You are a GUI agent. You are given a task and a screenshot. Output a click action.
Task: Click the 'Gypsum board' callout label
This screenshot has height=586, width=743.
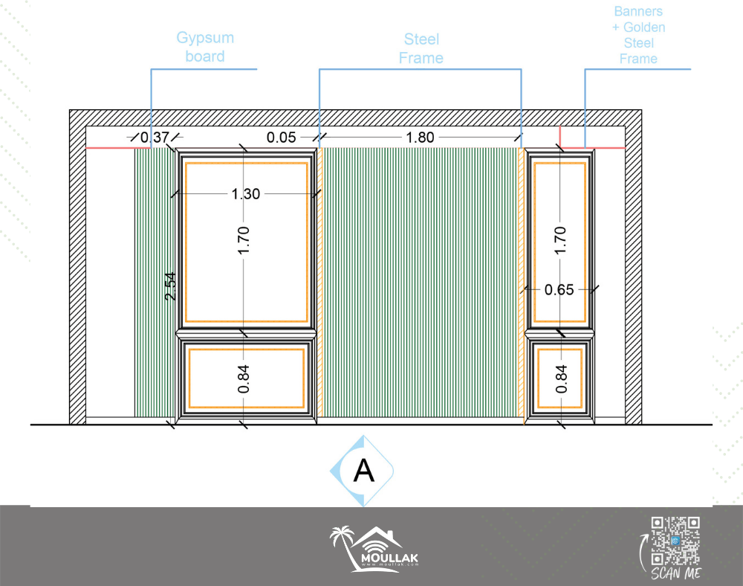pos(205,47)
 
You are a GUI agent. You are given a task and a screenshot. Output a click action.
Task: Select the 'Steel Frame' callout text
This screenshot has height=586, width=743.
pos(421,48)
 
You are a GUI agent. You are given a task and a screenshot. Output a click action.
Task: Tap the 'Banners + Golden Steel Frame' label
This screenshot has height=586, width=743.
pos(638,35)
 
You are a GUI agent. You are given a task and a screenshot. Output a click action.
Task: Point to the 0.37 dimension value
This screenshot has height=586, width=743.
pos(155,137)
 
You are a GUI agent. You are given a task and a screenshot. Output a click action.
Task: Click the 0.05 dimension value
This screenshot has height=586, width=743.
pos(281,138)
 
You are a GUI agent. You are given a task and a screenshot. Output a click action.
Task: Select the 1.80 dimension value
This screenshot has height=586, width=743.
pos(420,138)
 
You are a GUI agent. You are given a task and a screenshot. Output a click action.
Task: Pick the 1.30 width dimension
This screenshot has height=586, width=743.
pos(245,194)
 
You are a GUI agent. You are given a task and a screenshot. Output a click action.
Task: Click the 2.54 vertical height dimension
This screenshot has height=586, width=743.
pos(170,286)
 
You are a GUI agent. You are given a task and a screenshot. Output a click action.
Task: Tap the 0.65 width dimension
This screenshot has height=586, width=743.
pos(559,290)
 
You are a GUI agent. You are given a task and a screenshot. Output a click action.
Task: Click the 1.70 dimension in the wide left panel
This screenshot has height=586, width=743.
pos(243,240)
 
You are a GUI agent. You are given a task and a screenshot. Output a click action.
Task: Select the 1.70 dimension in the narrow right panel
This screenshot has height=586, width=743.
pos(560,240)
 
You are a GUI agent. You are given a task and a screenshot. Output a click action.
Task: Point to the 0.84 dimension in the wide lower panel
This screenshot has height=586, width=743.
pos(243,379)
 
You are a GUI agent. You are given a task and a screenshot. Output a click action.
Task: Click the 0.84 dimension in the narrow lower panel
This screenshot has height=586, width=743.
pos(561,379)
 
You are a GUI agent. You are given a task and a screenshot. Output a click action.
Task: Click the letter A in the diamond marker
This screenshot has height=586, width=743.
pos(364,471)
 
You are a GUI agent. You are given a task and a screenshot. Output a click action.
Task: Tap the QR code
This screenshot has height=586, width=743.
pos(675,541)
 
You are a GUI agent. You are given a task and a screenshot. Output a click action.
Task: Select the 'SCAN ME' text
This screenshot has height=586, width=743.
pos(675,573)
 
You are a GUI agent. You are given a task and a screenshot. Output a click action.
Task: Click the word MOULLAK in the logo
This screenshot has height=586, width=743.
pos(389,558)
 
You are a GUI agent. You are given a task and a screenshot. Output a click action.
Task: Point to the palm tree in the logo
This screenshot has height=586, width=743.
pos(343,545)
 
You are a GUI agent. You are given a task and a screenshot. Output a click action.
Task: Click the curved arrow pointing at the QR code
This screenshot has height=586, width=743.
pos(643,553)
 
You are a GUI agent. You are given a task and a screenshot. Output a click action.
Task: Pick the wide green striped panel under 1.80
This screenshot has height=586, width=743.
pos(420,283)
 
